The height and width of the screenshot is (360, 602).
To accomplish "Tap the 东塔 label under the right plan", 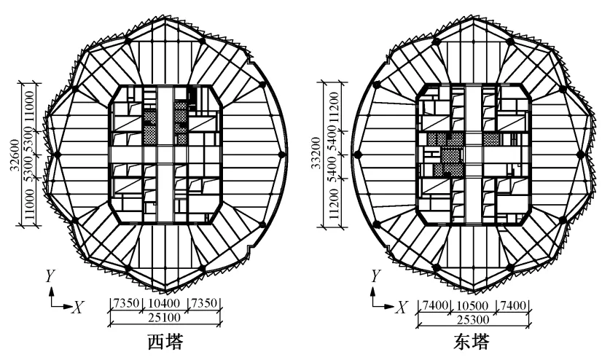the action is [470, 342].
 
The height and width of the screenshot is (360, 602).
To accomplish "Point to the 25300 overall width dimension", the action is [470, 318].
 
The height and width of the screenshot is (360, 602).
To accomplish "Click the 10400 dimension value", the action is [165, 302].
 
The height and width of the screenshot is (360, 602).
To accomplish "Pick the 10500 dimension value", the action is [470, 302].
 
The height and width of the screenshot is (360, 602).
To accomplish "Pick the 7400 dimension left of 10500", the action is [429, 302].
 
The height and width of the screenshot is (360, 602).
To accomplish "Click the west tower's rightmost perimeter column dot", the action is [281, 154].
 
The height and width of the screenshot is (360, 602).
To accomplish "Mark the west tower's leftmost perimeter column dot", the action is [52, 154].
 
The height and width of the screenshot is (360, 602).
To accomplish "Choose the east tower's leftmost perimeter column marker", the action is [358, 154].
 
